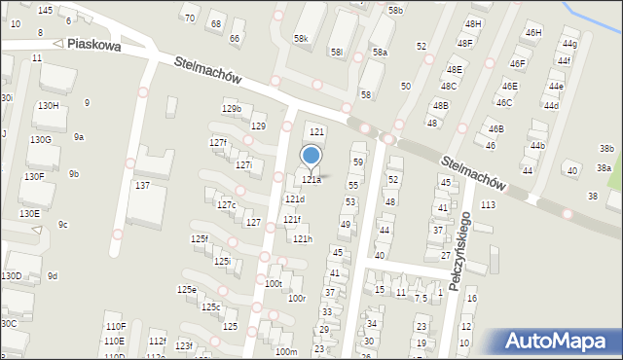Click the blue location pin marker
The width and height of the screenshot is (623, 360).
click(x=311, y=156)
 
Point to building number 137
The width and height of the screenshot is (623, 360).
click(x=142, y=185)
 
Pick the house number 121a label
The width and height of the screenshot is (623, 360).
click(x=311, y=179)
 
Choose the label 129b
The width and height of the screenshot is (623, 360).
click(x=231, y=108)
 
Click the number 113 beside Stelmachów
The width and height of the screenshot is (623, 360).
click(x=488, y=204)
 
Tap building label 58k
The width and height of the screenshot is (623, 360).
click(x=301, y=39)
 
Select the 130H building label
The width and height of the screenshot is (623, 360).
click(x=49, y=105)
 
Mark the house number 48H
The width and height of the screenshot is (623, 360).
click(x=473, y=23)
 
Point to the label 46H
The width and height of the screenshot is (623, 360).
click(x=532, y=33)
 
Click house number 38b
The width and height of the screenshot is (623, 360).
click(x=606, y=149)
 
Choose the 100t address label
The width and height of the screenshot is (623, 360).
click(x=273, y=283)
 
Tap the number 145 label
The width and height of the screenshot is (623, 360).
click(x=45, y=10)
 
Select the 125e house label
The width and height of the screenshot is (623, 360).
click(x=186, y=289)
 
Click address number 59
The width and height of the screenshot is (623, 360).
click(x=358, y=162)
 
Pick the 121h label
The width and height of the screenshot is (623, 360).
click(x=303, y=238)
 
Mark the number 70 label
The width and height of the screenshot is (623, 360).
click(x=190, y=18)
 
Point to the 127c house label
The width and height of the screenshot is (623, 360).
click(x=226, y=204)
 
